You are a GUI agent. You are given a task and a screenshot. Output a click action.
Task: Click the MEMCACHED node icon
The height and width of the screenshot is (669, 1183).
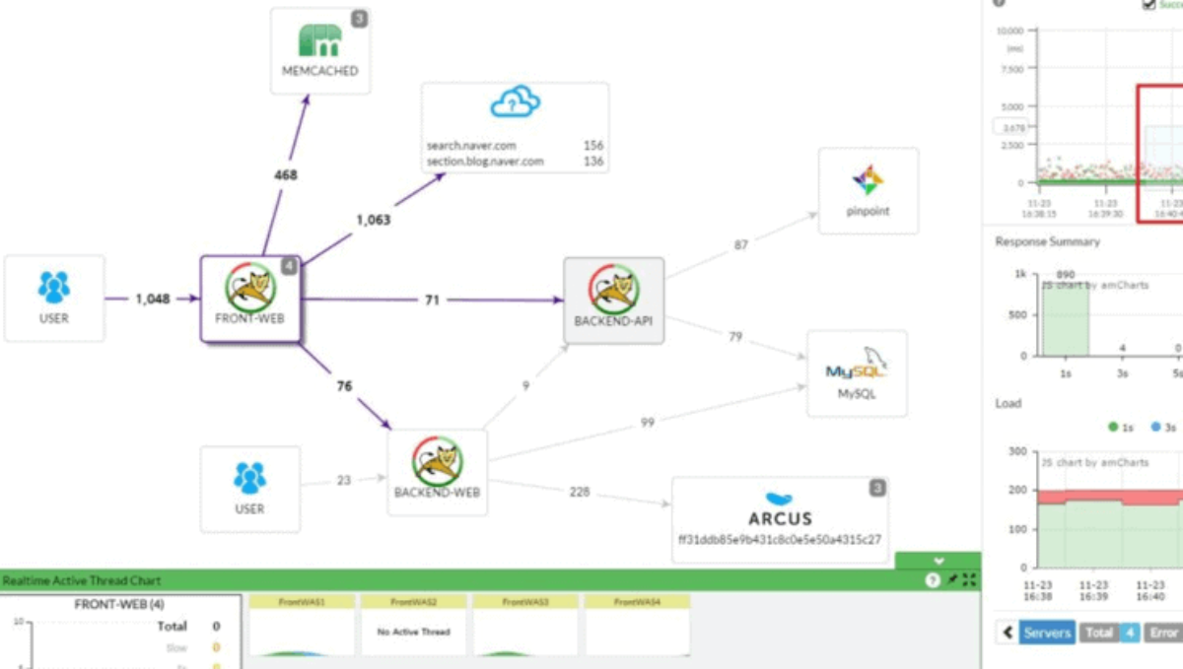[x=320, y=40]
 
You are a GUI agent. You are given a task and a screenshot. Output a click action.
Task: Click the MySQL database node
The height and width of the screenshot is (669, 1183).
[x=856, y=373]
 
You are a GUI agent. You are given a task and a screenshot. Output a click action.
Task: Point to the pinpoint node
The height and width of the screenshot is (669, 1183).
[x=868, y=190]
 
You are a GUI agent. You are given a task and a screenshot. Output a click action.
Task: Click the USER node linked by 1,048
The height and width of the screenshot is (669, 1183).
[x=54, y=298]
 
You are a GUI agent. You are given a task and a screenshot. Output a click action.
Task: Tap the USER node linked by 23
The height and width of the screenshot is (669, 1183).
[x=249, y=489]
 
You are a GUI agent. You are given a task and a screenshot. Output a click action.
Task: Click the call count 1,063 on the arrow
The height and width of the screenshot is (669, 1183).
[x=373, y=220]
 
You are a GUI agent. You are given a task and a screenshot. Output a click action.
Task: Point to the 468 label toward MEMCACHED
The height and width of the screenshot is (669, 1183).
[x=285, y=175]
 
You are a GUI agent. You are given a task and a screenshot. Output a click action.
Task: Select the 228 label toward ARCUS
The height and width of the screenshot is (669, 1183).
[x=580, y=492]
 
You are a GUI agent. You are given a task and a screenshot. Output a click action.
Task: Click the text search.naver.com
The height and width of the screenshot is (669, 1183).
[x=471, y=146]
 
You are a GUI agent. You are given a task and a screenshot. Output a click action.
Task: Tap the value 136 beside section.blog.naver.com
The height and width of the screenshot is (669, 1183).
[x=592, y=162]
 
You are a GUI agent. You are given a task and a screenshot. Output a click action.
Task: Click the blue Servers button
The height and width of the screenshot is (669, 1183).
[x=1046, y=633]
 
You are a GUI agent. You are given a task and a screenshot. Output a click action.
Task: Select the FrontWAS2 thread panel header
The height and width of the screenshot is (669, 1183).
[x=413, y=601]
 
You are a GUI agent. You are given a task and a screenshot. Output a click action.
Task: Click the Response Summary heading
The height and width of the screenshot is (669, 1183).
[x=1047, y=241]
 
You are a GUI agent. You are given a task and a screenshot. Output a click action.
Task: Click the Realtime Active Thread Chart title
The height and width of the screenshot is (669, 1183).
[x=82, y=580]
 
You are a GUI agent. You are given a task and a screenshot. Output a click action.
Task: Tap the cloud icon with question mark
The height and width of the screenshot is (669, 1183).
[x=516, y=102]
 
